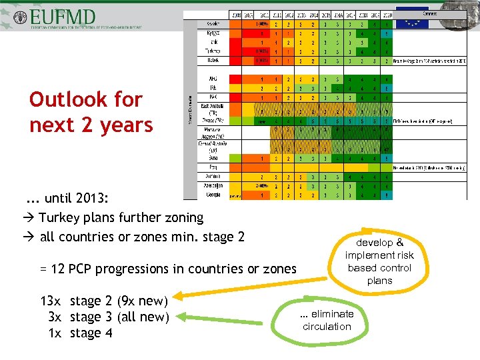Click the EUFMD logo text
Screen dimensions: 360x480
click(x=67, y=15)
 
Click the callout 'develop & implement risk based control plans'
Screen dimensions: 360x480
click(x=379, y=261)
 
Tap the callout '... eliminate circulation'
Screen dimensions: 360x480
click(x=326, y=320)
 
